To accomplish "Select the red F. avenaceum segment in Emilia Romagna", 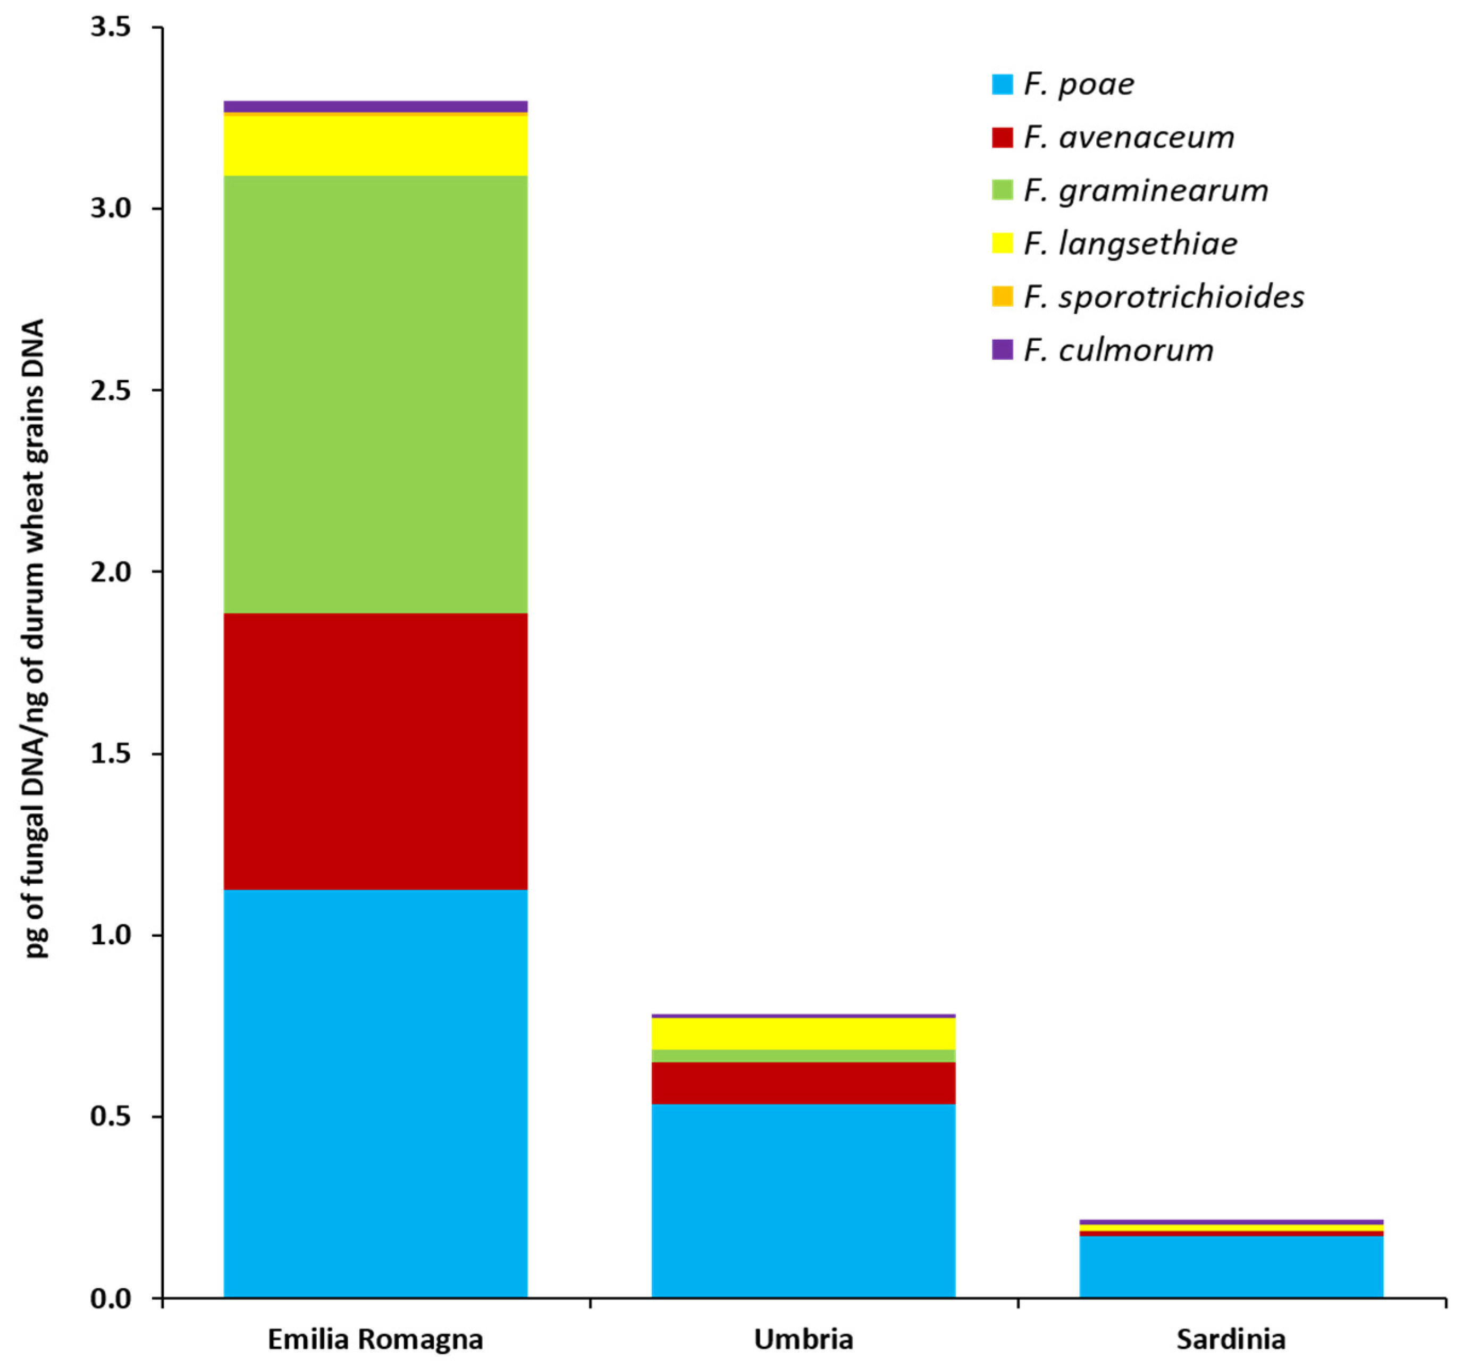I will coord(375,751).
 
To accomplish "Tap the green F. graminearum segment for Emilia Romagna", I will coord(375,393).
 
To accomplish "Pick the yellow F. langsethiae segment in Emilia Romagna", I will coord(375,145).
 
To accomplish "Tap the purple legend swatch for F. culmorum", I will coord(1002,349).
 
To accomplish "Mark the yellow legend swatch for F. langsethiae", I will coord(1002,244).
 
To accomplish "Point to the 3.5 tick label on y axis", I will coord(111,27).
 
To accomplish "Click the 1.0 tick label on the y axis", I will coord(111,935).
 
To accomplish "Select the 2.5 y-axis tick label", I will coord(111,390).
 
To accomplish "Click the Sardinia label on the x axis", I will coord(1231,1339).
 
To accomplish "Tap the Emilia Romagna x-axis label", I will coord(375,1339).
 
